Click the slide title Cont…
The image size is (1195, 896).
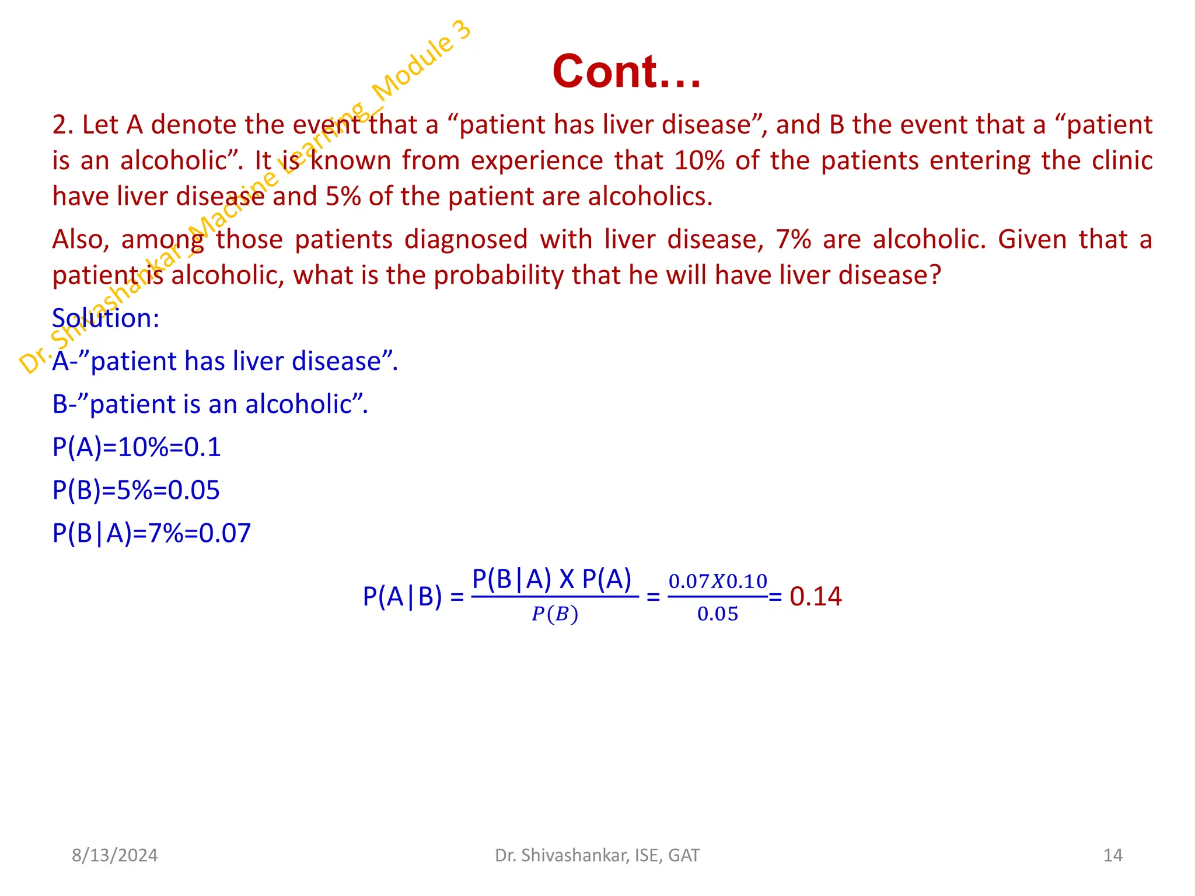[626, 72]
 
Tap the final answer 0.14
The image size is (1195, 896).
[815, 596]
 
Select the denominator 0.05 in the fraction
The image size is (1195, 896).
[717, 614]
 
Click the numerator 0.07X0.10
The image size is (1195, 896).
[717, 581]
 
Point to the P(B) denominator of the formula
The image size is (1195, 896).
[554, 614]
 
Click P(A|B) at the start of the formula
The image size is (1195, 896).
[402, 597]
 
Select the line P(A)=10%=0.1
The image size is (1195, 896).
[137, 447]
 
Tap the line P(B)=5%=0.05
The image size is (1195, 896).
[136, 490]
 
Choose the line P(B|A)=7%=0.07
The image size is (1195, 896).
[152, 533]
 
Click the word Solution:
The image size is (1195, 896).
[106, 318]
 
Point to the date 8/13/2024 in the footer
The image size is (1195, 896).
[114, 855]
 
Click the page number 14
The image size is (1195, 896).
[1113, 855]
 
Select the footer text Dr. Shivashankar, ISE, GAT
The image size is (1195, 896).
[597, 855]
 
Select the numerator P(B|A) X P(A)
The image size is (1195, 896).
[551, 579]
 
